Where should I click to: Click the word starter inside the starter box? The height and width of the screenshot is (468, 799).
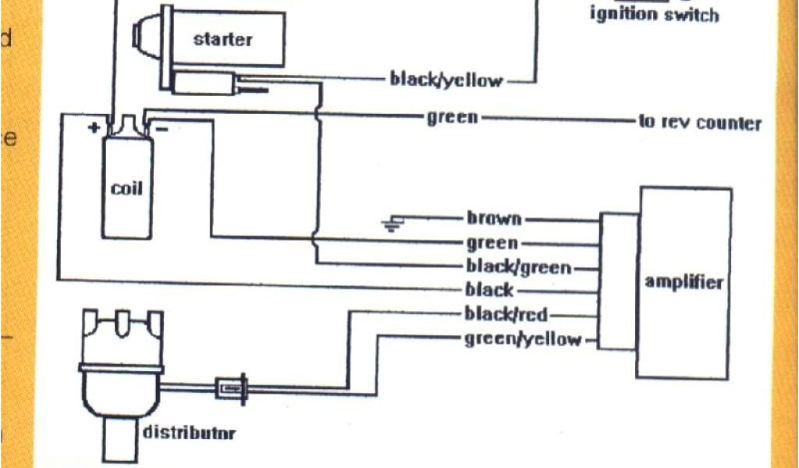(x=223, y=39)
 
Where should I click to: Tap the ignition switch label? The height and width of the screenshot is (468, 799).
(x=654, y=15)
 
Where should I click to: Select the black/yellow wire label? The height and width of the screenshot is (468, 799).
(x=446, y=80)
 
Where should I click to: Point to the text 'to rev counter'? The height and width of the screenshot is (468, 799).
(x=699, y=123)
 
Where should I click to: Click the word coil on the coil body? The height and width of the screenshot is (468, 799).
(x=126, y=188)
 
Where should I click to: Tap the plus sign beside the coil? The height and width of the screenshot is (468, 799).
(x=94, y=127)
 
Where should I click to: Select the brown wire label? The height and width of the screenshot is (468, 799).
(x=494, y=219)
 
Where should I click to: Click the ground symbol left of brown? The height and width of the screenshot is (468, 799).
(x=390, y=225)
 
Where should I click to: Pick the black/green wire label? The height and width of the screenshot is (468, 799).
(x=518, y=267)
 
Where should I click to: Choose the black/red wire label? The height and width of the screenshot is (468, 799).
(x=506, y=314)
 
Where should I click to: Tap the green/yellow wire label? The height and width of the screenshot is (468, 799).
(x=523, y=339)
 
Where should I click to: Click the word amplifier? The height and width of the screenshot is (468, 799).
(x=684, y=282)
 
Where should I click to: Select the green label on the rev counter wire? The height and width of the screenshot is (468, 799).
(x=452, y=118)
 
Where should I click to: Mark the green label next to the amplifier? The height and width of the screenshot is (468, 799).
(x=492, y=243)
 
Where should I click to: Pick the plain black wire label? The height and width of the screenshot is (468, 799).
(x=489, y=290)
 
